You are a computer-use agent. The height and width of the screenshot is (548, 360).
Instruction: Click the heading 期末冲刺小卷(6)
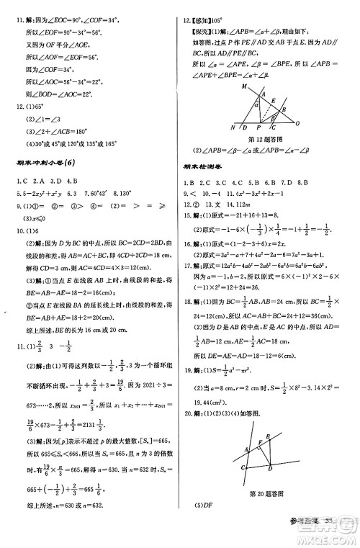click(x=41, y=163)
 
